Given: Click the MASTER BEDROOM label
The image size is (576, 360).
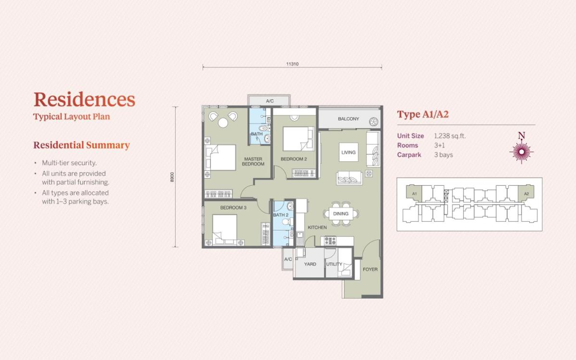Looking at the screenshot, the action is (x=253, y=161).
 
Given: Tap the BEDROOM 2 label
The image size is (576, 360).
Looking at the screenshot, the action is (x=294, y=159).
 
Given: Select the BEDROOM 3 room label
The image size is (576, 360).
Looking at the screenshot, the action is (x=233, y=208).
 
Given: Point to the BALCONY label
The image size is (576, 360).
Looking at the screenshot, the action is (x=348, y=119).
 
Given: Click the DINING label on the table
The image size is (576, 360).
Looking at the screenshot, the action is (x=341, y=214).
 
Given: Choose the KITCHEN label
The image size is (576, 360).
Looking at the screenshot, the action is (x=317, y=228).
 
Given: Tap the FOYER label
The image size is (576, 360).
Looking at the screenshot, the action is (x=370, y=269).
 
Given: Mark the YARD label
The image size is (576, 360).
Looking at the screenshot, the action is (x=310, y=264).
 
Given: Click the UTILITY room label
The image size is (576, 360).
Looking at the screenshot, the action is (x=334, y=264).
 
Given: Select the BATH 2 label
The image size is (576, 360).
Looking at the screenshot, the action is (x=281, y=215).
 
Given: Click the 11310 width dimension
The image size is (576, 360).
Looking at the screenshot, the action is (x=293, y=64).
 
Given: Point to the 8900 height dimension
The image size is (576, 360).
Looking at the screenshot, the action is (x=172, y=177).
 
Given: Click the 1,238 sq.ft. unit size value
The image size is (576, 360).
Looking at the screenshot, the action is (x=450, y=136).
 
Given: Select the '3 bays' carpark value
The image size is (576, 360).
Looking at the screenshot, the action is (x=443, y=155).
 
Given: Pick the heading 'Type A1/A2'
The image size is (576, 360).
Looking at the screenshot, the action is (x=423, y=114).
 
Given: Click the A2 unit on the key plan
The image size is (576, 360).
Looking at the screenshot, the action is (x=526, y=193).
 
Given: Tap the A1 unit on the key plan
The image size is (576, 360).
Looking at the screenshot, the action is (x=415, y=193).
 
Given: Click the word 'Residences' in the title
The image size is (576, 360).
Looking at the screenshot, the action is (x=85, y=99).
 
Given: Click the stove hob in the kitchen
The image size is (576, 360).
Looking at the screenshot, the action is (x=330, y=241).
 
